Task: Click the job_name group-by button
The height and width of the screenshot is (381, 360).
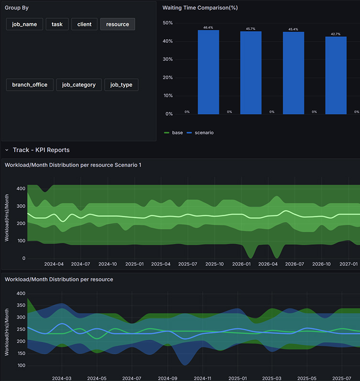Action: click(24, 24)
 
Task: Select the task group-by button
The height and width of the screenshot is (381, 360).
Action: click(57, 24)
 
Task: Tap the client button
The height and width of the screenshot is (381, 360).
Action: click(84, 24)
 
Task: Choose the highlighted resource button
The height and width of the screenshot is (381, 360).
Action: click(118, 24)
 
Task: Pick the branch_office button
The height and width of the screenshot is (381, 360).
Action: click(30, 85)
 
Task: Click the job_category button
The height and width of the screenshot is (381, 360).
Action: click(79, 85)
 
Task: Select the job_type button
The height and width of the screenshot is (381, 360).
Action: click(121, 85)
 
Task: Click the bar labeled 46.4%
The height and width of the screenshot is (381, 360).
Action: click(208, 72)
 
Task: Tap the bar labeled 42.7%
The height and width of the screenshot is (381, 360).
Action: click(336, 76)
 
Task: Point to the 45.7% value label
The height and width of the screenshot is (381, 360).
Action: click(251, 29)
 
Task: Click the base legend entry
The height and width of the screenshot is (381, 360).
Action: click(174, 133)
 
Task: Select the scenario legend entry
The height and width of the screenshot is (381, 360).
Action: click(200, 133)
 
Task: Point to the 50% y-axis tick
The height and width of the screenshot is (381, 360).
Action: click(168, 23)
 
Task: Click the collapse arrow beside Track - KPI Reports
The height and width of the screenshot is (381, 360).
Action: click(7, 150)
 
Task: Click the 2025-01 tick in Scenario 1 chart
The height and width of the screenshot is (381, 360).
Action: click(134, 264)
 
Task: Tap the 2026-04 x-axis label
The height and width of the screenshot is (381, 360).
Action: click(268, 264)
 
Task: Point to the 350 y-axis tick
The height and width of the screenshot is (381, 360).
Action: click(21, 305)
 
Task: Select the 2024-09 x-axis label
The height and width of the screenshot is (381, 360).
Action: click(168, 378)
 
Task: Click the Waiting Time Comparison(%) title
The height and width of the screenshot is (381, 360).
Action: click(200, 8)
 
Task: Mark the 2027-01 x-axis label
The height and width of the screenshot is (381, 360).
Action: click(349, 264)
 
